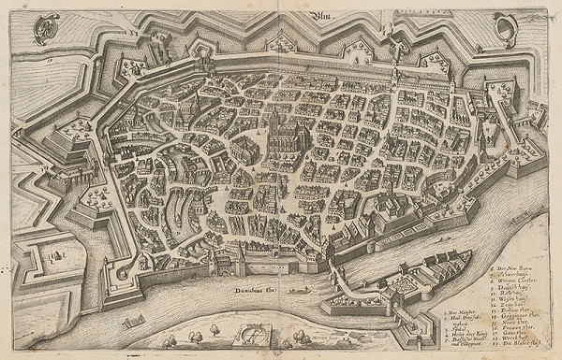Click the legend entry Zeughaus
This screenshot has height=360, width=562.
pyautogui.click(x=507, y=303)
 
